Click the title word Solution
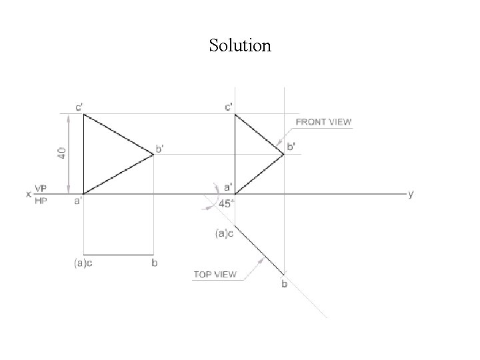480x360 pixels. pos(240,45)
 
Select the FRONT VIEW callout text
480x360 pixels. pos(323,122)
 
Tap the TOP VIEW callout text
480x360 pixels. pos(215,275)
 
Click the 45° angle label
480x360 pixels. pos(227,204)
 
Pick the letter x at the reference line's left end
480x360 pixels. pos(29,195)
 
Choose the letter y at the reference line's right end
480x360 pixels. pos(411,194)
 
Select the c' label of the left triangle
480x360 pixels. pos(79,107)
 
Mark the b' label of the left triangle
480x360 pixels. pos(159,148)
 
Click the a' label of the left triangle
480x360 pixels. pos(77,201)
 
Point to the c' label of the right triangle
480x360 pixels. pos(229,107)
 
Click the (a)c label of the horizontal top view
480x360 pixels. pos(83,263)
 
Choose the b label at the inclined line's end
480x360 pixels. pos(284,285)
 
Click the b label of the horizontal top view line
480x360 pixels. pos(155,263)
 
